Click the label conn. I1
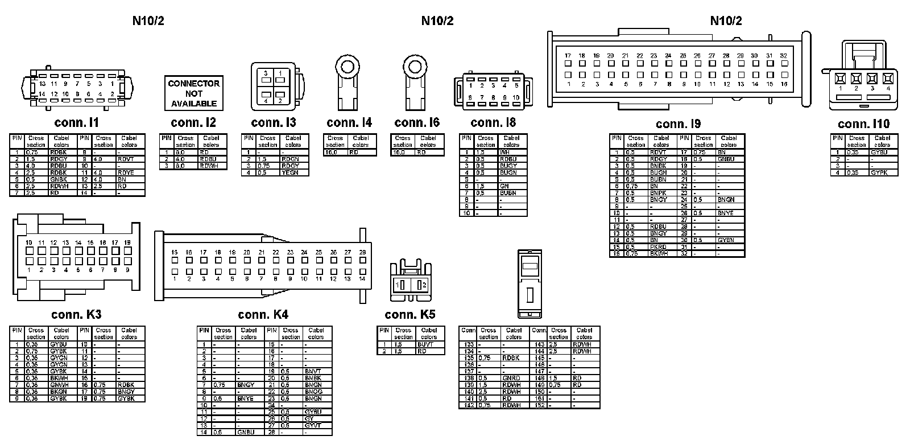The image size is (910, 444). [77, 122]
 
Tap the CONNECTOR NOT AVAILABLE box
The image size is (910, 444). [193, 93]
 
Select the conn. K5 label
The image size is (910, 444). [409, 315]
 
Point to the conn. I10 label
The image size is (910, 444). [863, 124]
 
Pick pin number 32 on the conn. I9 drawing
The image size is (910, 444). [783, 56]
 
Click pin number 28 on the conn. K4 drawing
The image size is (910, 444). [362, 252]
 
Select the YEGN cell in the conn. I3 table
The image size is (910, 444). [290, 172]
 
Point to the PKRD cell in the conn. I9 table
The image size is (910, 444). [658, 247]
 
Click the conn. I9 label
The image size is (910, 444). [678, 124]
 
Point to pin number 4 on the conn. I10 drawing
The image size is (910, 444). [888, 88]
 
